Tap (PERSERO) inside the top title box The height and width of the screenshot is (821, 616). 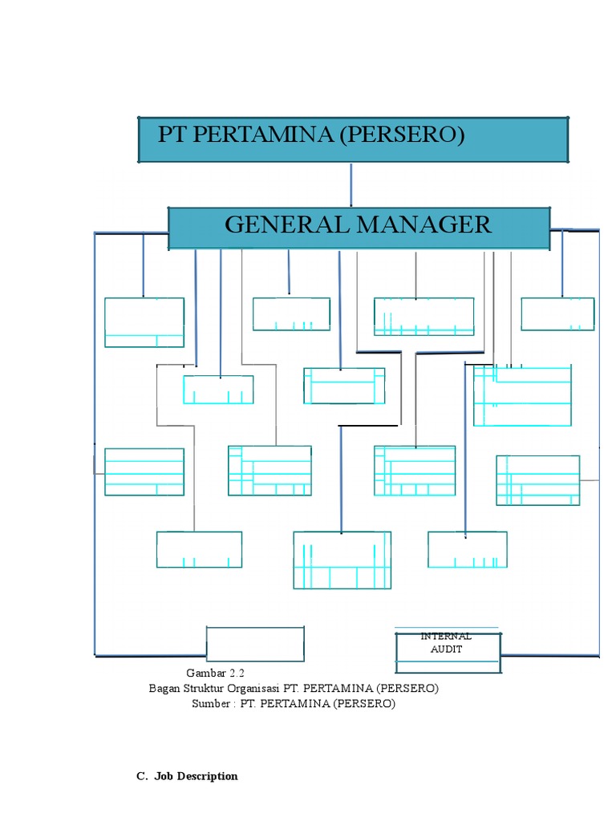pyautogui.click(x=401, y=135)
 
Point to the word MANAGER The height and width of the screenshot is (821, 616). pyautogui.click(x=424, y=224)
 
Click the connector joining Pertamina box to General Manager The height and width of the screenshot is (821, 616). pyautogui.click(x=351, y=184)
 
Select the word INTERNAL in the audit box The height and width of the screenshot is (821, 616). pyautogui.click(x=446, y=637)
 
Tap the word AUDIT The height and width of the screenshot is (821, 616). pyautogui.click(x=446, y=649)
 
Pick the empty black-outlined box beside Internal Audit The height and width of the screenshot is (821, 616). pyautogui.click(x=255, y=644)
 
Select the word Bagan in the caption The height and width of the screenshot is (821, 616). pyautogui.click(x=165, y=689)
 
